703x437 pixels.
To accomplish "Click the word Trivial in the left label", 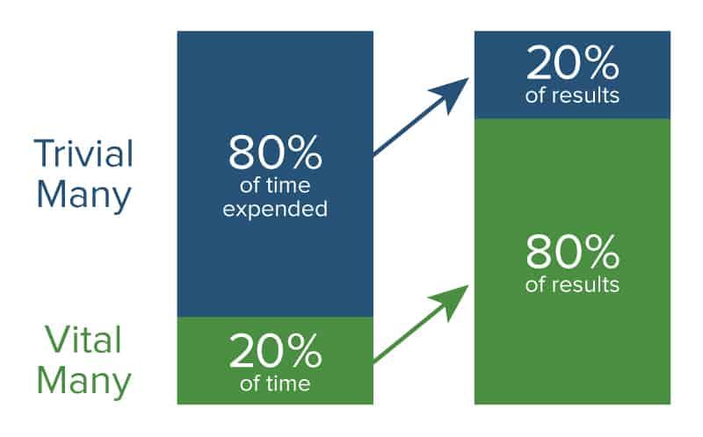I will click(x=83, y=154).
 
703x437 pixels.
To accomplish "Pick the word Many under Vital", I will click(x=83, y=383).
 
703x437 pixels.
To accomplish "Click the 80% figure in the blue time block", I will click(x=275, y=154).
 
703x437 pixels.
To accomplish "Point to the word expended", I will click(x=275, y=210).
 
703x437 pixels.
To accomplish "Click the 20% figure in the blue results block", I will click(x=573, y=65).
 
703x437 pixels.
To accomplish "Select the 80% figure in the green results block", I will click(x=573, y=253).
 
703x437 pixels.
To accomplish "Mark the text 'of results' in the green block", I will click(x=573, y=284).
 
